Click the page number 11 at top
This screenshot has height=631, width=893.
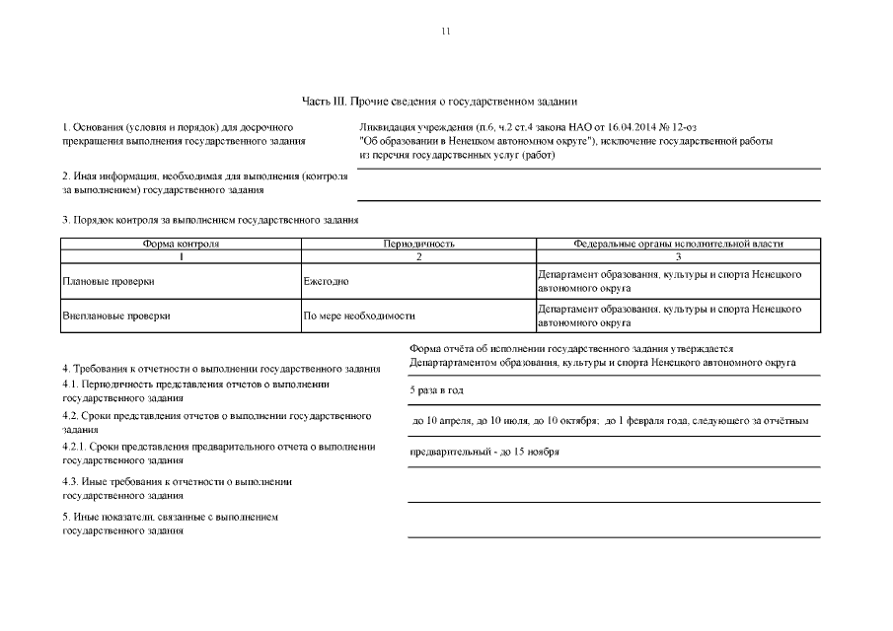(446, 32)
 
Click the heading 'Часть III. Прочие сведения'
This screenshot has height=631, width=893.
(439, 102)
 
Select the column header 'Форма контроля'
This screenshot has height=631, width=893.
(181, 243)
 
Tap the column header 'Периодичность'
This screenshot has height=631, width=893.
(418, 243)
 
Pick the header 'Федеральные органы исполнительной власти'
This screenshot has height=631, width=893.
(678, 243)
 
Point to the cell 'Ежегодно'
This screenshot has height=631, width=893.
(326, 282)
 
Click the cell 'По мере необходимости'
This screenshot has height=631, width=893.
(358, 316)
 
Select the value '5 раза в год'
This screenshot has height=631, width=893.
(437, 391)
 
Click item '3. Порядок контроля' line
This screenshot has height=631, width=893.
(209, 220)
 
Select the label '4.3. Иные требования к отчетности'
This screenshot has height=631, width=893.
(177, 482)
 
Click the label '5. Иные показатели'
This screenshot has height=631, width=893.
(170, 517)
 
